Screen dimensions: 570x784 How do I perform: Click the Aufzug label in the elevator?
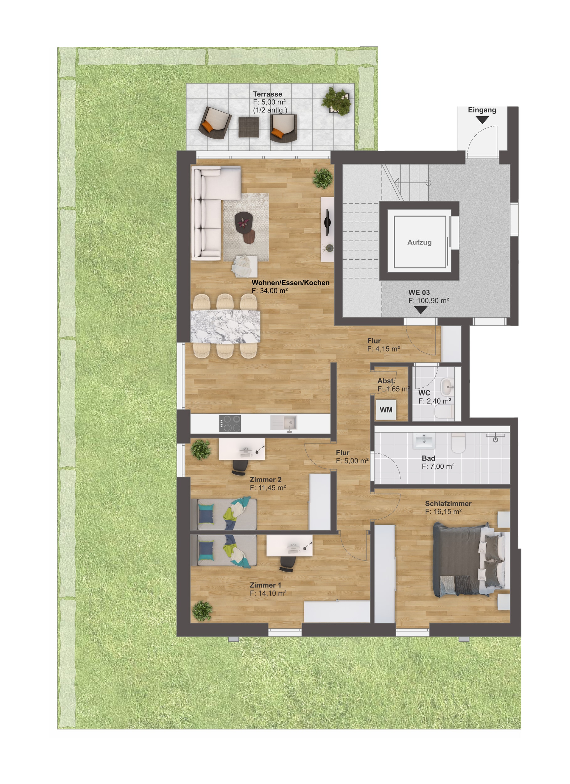coord(419,242)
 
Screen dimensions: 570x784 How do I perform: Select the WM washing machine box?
coord(386,410)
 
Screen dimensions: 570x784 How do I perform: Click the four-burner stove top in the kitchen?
coord(230,423)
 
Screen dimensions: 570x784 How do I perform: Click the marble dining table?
coord(225,327)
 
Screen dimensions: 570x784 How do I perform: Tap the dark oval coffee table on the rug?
coord(244,221)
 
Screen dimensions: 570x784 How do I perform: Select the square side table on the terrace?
coord(249,127)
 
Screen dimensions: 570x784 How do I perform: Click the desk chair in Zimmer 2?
coord(240,467)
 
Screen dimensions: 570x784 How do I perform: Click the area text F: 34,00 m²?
coord(270,291)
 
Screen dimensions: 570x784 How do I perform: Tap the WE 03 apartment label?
coord(419,293)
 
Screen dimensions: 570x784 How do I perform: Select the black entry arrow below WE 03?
coord(420,310)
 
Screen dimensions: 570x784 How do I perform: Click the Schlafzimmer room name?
coord(448,504)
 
